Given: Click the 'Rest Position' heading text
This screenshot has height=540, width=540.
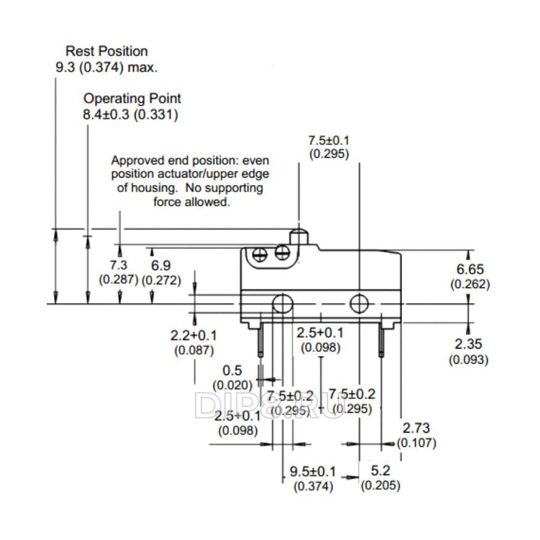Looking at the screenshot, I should (106, 51).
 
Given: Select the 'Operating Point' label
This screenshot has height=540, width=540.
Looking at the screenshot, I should (132, 98).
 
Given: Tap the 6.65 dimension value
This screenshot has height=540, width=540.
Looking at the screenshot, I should (470, 270).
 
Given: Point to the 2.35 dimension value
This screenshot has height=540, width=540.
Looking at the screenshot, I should (469, 345).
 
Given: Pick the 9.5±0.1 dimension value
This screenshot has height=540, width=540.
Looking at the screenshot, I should (313, 471).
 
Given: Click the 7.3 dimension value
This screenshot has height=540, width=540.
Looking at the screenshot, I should (119, 265).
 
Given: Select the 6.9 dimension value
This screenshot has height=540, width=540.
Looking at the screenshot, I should (161, 265).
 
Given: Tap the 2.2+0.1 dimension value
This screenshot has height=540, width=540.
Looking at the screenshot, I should (194, 335).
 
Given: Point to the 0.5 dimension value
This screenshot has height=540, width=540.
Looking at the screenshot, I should (232, 370).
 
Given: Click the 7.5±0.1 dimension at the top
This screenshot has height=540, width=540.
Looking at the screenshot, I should (329, 140).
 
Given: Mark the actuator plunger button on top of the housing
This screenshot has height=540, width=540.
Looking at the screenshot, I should (299, 237).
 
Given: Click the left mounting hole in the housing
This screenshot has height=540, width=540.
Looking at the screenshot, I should (281, 304).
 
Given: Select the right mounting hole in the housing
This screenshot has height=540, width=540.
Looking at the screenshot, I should (359, 304).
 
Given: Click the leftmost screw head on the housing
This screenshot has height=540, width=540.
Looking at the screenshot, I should (261, 254).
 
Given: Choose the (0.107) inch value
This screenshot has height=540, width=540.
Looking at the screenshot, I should (418, 443).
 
